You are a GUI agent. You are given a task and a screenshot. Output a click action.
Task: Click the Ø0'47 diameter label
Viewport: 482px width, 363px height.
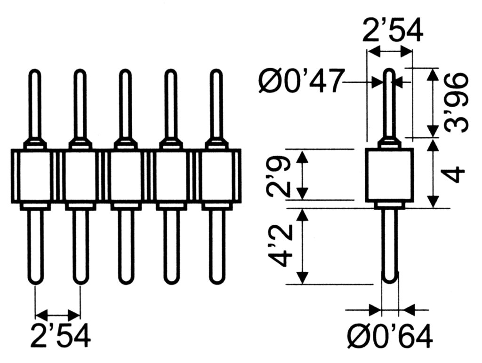[300, 81]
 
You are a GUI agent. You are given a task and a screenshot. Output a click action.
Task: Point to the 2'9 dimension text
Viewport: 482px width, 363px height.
[278, 175]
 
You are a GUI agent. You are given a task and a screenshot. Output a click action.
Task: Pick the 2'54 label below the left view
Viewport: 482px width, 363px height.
[61, 335]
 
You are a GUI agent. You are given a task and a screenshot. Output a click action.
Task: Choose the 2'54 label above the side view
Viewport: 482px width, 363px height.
[393, 30]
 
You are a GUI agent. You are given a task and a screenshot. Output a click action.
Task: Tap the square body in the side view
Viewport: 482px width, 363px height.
[389, 175]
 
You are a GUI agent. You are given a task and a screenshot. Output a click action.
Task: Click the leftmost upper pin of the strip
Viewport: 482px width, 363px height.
[35, 105]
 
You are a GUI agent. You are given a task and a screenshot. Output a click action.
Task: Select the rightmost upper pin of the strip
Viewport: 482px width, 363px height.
[217, 105]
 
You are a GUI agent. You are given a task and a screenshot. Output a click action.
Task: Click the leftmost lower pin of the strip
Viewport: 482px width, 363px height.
[35, 246]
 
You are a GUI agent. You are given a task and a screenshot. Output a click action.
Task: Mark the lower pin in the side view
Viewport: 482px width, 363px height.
[390, 246]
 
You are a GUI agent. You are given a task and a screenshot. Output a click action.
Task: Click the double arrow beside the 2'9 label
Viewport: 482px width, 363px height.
[303, 175]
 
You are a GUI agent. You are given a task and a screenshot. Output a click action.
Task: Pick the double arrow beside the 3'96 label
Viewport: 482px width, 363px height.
[433, 102]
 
